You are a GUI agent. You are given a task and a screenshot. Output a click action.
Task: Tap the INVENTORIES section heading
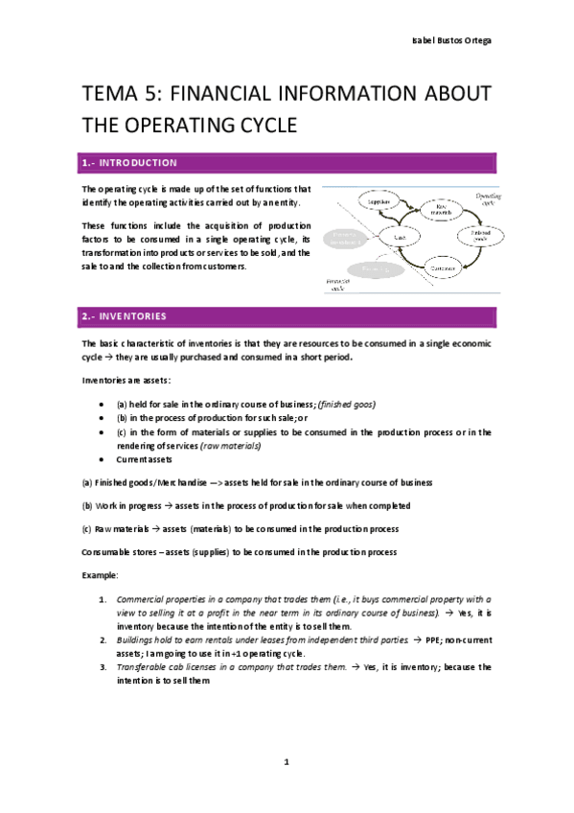tap(134, 315)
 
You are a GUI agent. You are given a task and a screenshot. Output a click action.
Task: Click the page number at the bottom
tap(287, 762)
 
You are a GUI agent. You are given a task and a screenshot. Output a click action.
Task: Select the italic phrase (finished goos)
tap(347, 404)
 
